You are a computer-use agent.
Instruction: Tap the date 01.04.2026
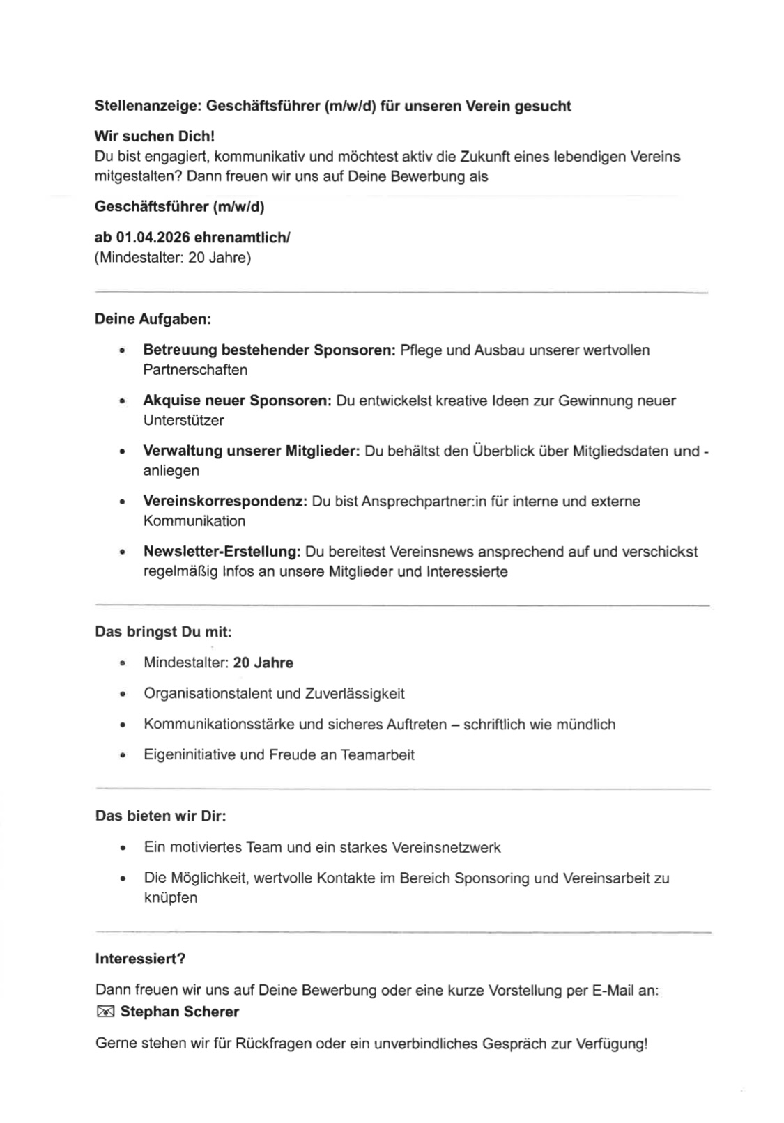click(x=148, y=238)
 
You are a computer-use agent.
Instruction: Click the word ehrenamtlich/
click(x=242, y=238)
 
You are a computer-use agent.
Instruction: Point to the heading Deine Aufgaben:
click(x=153, y=320)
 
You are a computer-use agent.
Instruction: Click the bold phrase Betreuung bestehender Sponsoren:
click(x=269, y=350)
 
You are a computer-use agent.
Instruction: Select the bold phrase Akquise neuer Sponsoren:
click(x=237, y=401)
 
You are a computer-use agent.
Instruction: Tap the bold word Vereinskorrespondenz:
click(x=225, y=502)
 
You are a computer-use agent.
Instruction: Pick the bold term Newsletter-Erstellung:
click(x=222, y=552)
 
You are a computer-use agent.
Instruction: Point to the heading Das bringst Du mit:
click(x=163, y=632)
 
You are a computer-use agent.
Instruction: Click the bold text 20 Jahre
click(x=263, y=663)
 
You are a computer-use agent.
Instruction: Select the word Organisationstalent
click(x=208, y=694)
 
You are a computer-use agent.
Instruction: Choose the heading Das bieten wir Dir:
click(x=160, y=816)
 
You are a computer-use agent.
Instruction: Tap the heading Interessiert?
click(x=140, y=959)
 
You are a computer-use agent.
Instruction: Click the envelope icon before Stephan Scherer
click(x=105, y=1012)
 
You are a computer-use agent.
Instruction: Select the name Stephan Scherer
click(x=179, y=1012)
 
